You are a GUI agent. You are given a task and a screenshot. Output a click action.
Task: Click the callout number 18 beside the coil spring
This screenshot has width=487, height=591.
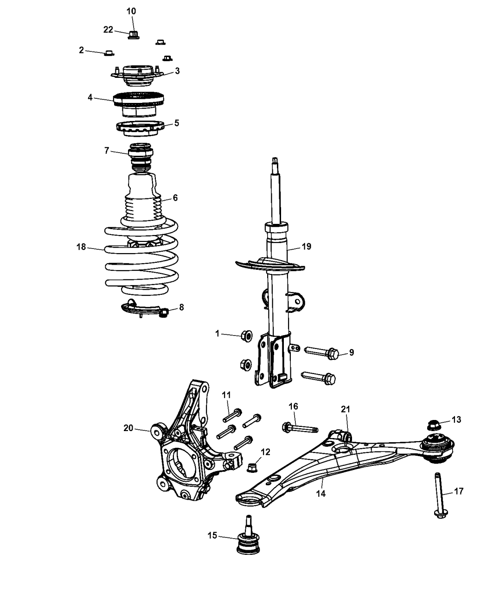(81, 247)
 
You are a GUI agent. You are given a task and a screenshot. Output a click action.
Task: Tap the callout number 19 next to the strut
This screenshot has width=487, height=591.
(306, 246)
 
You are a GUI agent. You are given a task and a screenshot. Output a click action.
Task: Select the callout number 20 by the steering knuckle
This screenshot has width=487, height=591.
(128, 429)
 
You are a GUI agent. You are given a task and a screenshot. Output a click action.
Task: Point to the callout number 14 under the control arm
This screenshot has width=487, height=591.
(320, 494)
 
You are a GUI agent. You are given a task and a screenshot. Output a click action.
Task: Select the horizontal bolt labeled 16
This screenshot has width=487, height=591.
(299, 428)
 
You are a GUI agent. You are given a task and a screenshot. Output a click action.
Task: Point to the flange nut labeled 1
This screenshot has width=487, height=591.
(246, 335)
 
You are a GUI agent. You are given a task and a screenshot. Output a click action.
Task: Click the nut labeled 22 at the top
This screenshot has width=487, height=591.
(133, 34)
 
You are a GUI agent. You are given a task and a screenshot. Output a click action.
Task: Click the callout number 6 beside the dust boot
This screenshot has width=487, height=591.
(175, 197)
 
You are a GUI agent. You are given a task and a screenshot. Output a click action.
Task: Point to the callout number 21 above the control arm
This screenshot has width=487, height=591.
(346, 409)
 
